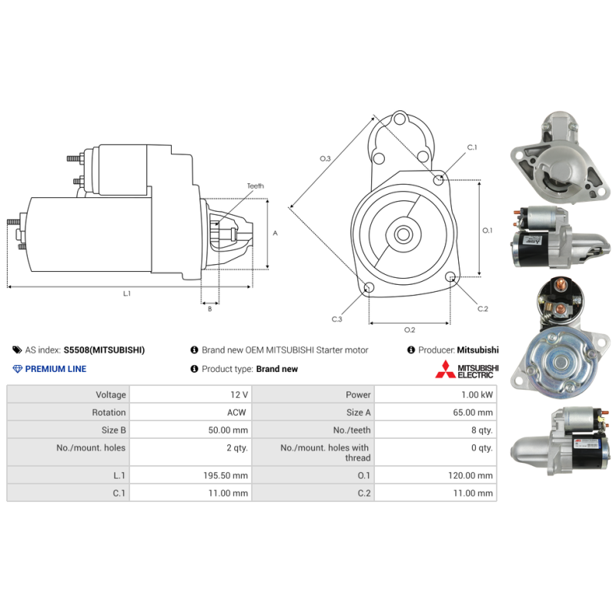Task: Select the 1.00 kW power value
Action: click(x=477, y=394)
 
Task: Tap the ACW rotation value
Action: click(x=236, y=412)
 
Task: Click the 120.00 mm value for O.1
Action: click(x=470, y=475)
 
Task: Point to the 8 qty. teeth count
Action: click(x=482, y=430)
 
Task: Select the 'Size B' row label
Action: click(x=113, y=430)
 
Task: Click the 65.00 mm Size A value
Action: click(x=473, y=412)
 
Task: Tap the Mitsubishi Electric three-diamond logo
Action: click(x=445, y=370)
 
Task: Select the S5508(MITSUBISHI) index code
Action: click(x=104, y=350)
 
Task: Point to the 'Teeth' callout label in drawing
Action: click(x=256, y=186)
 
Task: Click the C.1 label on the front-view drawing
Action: click(x=472, y=147)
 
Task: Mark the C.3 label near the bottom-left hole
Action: click(x=336, y=319)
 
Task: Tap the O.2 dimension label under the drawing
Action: click(x=410, y=330)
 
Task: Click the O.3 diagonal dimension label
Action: click(x=325, y=159)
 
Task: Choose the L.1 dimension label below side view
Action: click(x=127, y=293)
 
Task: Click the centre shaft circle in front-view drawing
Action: click(x=403, y=235)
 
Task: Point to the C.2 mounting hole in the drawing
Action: click(x=450, y=276)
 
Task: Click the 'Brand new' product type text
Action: click(x=277, y=369)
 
